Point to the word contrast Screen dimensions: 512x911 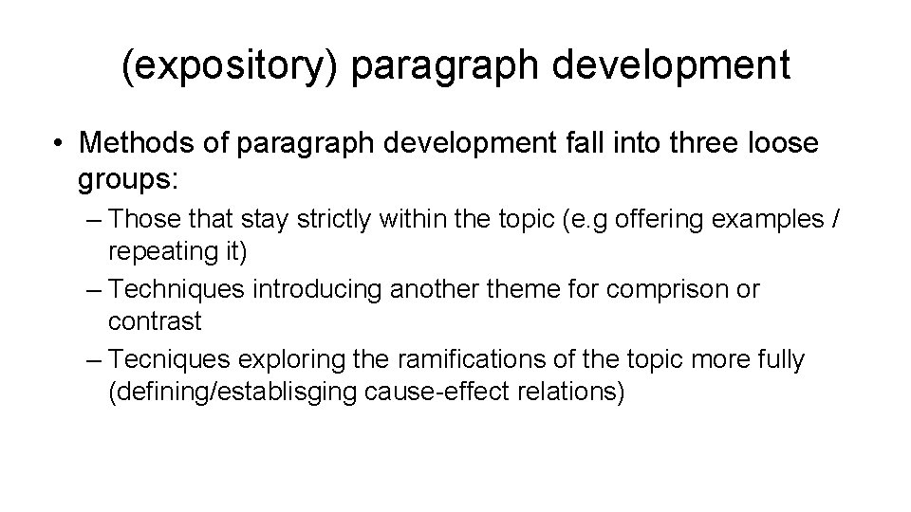155,321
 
